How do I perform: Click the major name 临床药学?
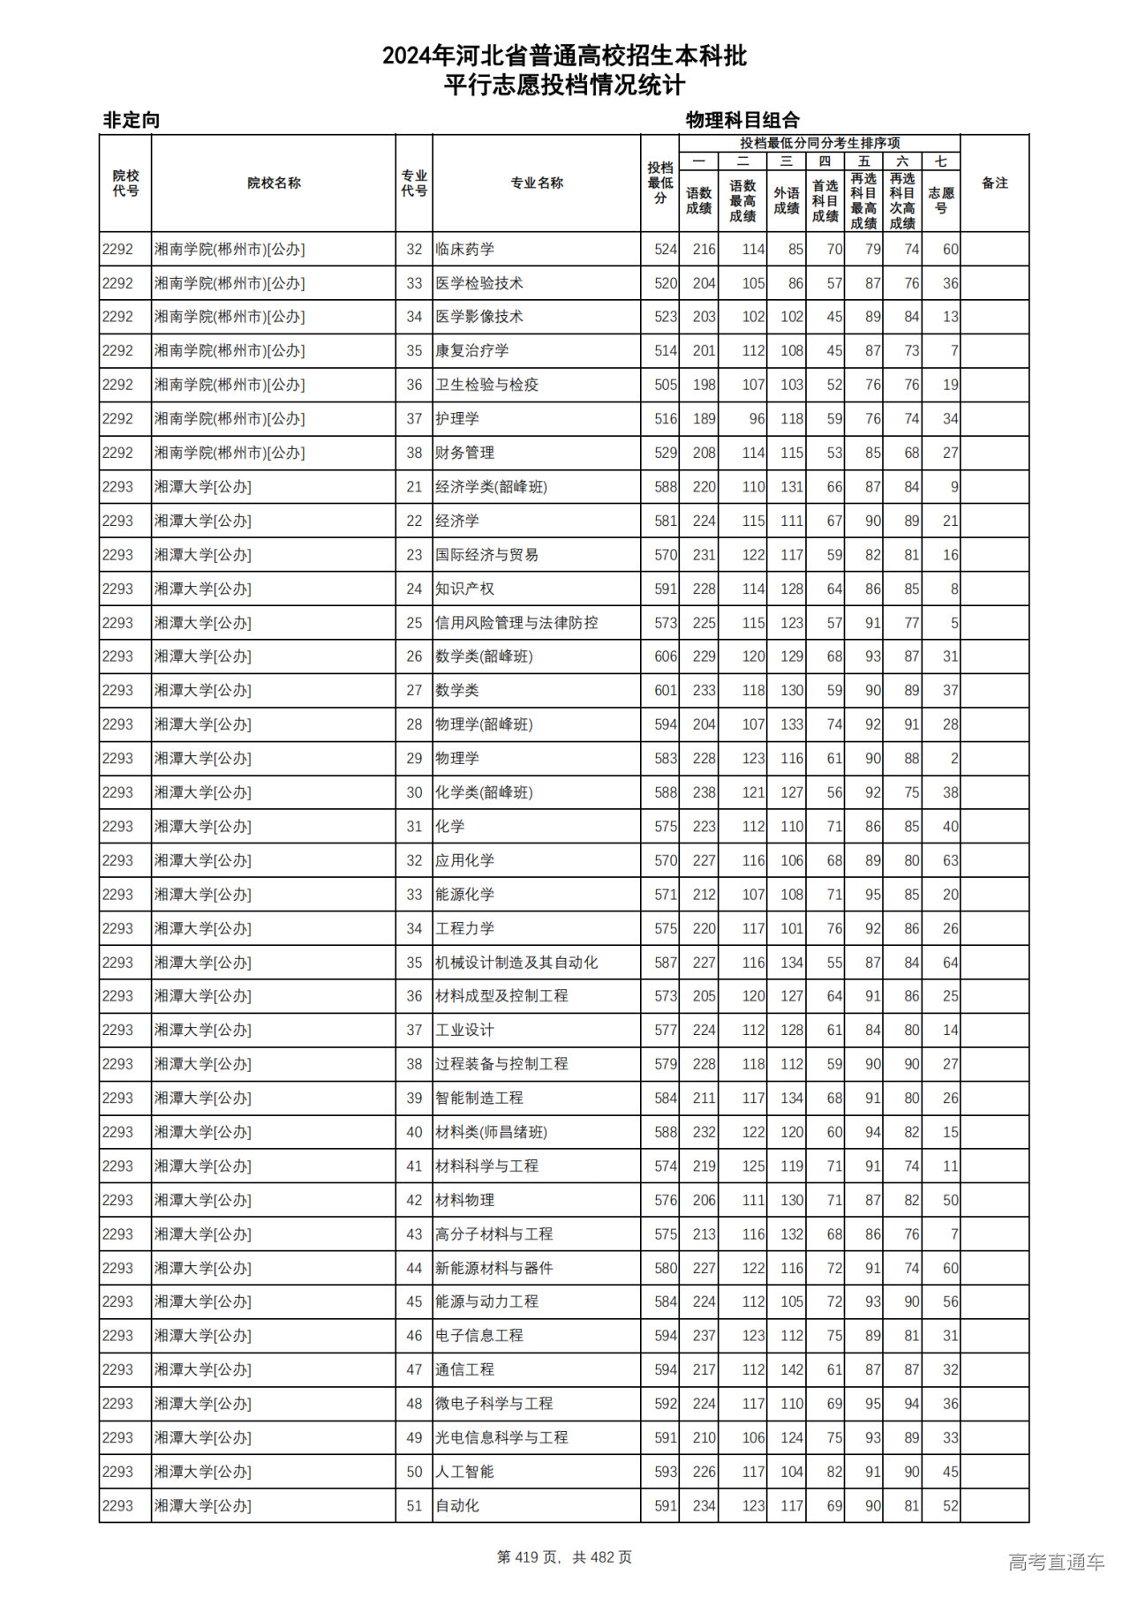click(464, 250)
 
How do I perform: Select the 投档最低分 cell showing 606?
click(666, 656)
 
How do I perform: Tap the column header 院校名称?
click(274, 183)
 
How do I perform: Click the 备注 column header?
click(994, 183)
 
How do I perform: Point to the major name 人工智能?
click(464, 1472)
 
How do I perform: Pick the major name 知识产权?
click(464, 589)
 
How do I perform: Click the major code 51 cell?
click(414, 1506)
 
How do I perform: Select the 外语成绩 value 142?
click(791, 1369)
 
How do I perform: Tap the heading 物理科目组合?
click(742, 120)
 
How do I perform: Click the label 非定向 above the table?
click(132, 120)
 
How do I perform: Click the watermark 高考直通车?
click(1056, 1562)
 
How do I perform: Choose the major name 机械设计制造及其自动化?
click(516, 963)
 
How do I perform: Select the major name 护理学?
click(457, 419)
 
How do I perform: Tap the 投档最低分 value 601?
click(666, 690)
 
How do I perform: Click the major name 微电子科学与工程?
click(493, 1403)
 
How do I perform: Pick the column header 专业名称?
click(536, 183)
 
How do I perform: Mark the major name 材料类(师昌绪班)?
click(491, 1132)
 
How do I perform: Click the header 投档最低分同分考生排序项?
click(819, 143)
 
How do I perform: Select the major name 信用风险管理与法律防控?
click(516, 623)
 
